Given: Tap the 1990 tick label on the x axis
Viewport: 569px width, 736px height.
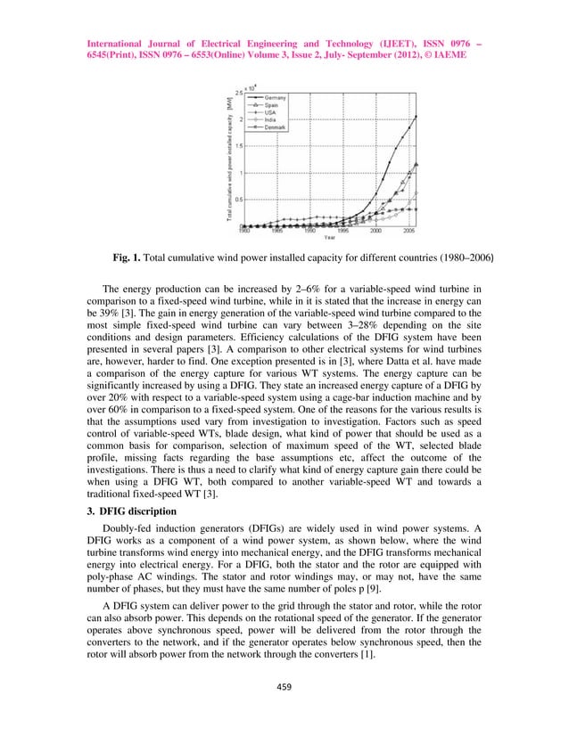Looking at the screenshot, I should click(309, 231).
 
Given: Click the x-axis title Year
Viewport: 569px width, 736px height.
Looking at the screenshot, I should click(331, 238).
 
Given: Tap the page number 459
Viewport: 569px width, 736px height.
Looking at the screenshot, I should click(284, 685).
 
